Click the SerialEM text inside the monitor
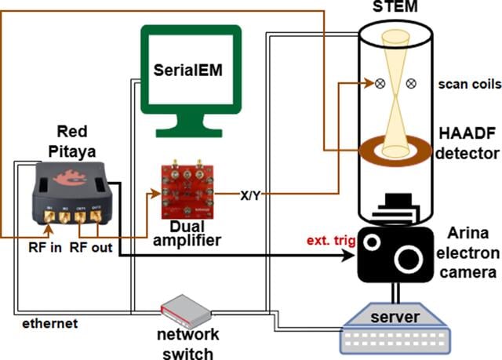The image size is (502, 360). click(188, 70)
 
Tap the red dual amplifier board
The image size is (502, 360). click(187, 191)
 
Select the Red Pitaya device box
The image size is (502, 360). click(73, 193)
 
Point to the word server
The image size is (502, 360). click(395, 317)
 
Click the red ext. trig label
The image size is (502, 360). click(331, 241)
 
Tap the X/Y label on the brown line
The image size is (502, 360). click(250, 195)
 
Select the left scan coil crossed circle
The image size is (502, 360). click(380, 84)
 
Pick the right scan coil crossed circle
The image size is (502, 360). click(411, 84)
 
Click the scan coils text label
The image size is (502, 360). click(470, 84)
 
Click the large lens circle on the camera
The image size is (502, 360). click(407, 259)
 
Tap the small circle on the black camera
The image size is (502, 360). click(372, 242)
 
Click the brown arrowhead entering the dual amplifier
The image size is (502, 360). click(156, 194)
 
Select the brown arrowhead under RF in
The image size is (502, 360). click(49, 228)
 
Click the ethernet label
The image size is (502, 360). click(50, 323)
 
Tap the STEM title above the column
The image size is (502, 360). click(395, 6)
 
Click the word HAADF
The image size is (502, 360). click(467, 133)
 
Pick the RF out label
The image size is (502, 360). click(91, 247)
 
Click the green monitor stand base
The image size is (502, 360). click(189, 133)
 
